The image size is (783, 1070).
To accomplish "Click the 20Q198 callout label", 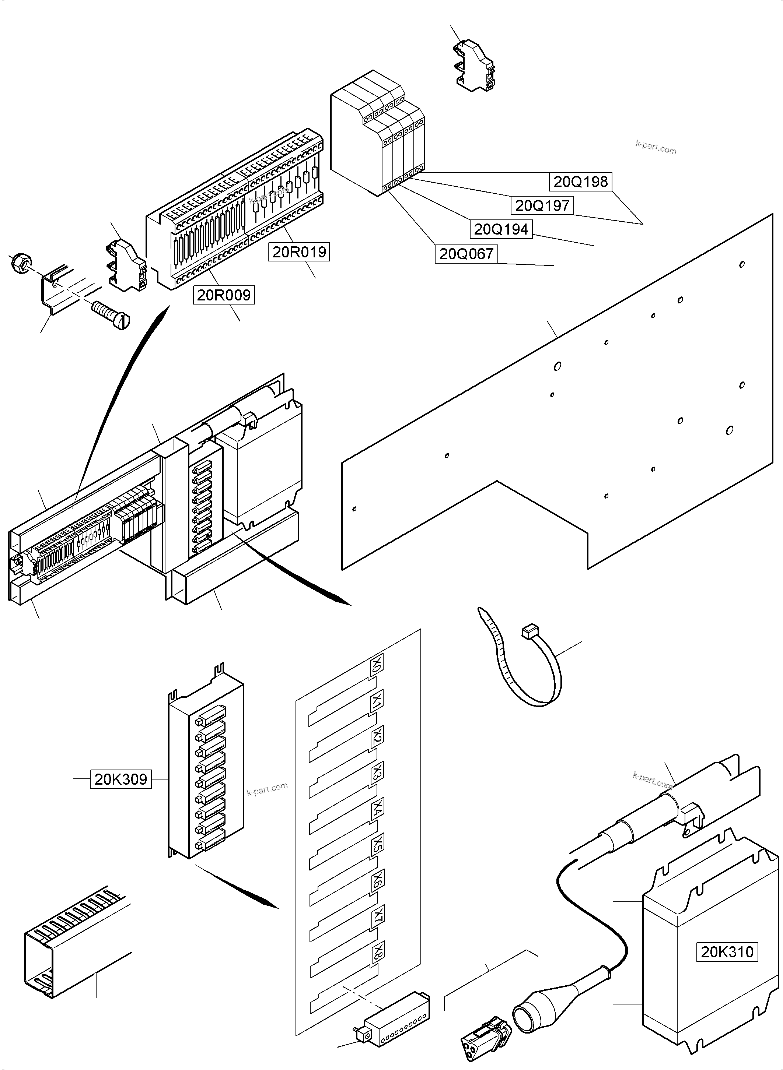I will pyautogui.click(x=581, y=182).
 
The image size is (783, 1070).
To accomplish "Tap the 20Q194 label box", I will pyautogui.click(x=501, y=229).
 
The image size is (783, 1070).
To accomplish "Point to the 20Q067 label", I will pyautogui.click(x=466, y=254).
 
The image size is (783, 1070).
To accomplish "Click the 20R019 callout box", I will pyautogui.click(x=299, y=252).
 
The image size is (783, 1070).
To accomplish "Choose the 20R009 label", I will pyautogui.click(x=224, y=295).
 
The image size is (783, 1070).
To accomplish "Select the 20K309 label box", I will pyautogui.click(x=121, y=779).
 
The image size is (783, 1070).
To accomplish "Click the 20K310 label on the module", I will pyautogui.click(x=727, y=952).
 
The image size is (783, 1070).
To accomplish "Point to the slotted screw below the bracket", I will pyautogui.click(x=110, y=314).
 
